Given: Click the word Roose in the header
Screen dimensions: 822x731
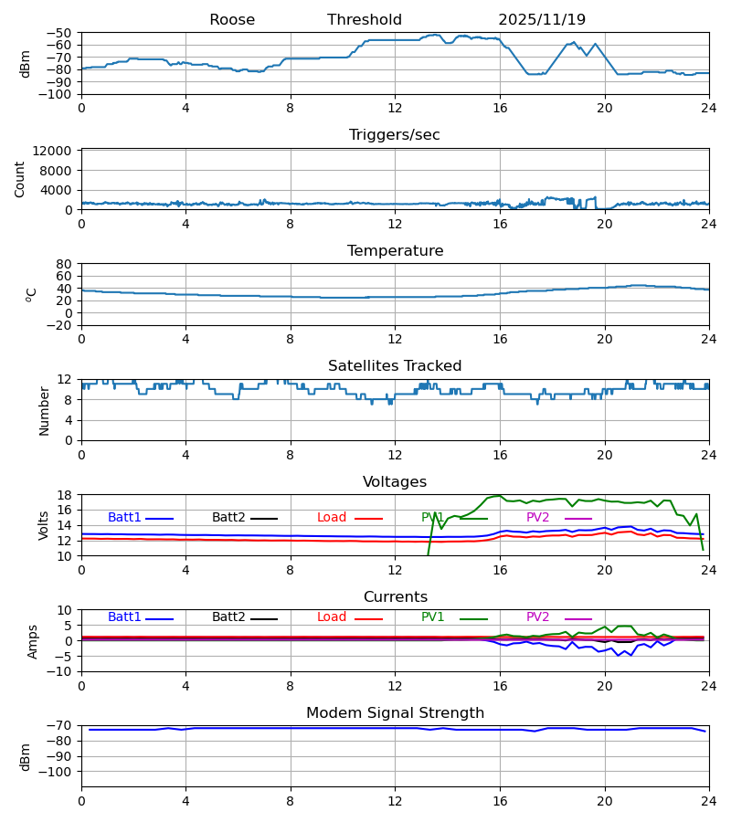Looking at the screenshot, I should (232, 20).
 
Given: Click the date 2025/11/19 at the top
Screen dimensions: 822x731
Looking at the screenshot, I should (542, 20).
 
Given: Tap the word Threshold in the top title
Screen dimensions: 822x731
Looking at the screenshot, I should (365, 20).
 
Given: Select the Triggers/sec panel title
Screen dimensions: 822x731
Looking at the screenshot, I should (395, 135).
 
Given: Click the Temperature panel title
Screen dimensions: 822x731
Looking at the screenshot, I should (395, 251).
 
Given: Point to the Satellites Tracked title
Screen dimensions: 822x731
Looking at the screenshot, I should (395, 366).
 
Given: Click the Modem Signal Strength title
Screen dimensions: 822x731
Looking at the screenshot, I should (395, 713).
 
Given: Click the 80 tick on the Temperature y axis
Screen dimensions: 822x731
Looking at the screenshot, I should (64, 264).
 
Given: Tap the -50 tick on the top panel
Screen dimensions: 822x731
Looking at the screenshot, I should (60, 33).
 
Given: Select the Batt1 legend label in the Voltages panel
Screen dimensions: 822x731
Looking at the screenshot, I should (124, 518).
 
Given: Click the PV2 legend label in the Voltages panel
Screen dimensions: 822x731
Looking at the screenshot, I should (537, 518).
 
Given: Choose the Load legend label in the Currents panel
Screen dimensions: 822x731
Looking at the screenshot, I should (332, 617).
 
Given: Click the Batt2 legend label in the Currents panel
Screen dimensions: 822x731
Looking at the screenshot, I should (228, 617).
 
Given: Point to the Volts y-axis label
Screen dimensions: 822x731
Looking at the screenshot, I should (44, 525).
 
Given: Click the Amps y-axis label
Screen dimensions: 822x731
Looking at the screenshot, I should (34, 641).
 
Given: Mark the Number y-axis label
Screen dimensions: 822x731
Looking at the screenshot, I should (44, 410).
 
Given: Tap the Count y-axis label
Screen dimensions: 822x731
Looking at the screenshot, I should (20, 179).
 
